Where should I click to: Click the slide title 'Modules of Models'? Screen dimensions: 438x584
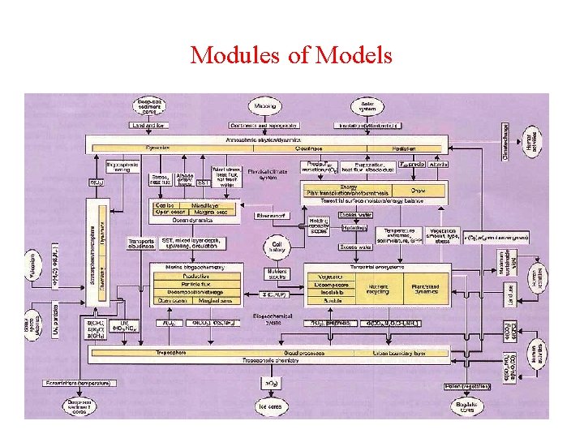coord(291,55)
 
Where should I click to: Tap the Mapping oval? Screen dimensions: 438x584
coord(264,106)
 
